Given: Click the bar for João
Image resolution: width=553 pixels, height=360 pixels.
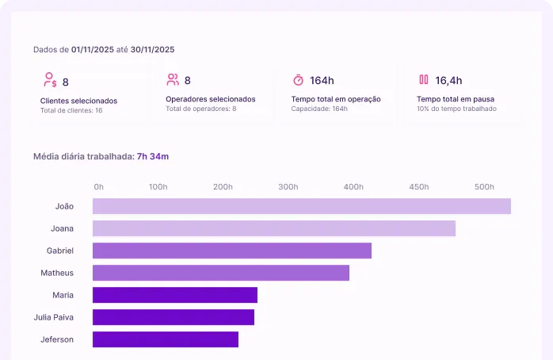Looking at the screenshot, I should coord(301,206).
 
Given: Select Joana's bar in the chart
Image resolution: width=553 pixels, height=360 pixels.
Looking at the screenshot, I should coord(273,228).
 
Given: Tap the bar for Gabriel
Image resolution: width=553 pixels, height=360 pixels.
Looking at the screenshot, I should coord(231,251).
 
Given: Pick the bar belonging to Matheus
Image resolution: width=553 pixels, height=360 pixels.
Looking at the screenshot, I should coord(220,273).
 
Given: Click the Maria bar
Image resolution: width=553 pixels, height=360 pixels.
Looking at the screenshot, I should coord(174,295).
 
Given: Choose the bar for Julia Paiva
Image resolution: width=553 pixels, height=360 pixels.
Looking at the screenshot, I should coord(173,317).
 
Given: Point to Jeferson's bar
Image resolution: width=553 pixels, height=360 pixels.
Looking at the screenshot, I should coord(165,339).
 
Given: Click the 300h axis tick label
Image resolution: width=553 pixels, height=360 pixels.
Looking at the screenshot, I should coord(288,187).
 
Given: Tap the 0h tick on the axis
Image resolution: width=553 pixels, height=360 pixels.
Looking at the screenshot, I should coord(99,187).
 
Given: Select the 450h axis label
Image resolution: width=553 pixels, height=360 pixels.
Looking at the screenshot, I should coord(418,187).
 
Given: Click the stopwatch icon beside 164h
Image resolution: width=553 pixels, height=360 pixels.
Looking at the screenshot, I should coord(298,80).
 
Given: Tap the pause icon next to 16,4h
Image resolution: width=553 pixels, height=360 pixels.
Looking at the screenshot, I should coord(424,79).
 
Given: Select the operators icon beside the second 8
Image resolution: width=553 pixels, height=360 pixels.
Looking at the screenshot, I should coord(173,79).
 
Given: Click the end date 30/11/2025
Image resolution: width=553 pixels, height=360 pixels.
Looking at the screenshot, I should coord(152,49).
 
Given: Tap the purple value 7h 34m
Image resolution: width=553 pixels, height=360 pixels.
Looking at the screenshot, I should coord(153,156).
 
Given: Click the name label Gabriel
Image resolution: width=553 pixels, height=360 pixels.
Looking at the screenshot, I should coord(60,251).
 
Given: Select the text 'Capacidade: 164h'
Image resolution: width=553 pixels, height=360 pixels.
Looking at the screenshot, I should coord(319,109).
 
